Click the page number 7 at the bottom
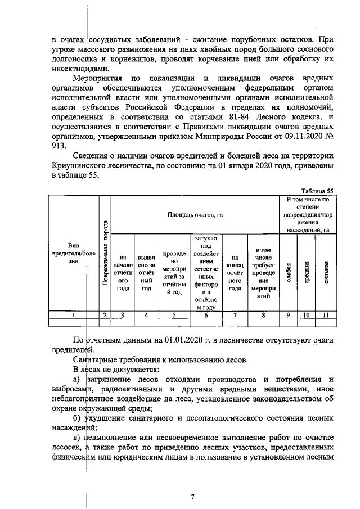192,497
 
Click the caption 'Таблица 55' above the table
318,191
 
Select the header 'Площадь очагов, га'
195,215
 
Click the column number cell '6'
206,316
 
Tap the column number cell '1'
73,316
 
